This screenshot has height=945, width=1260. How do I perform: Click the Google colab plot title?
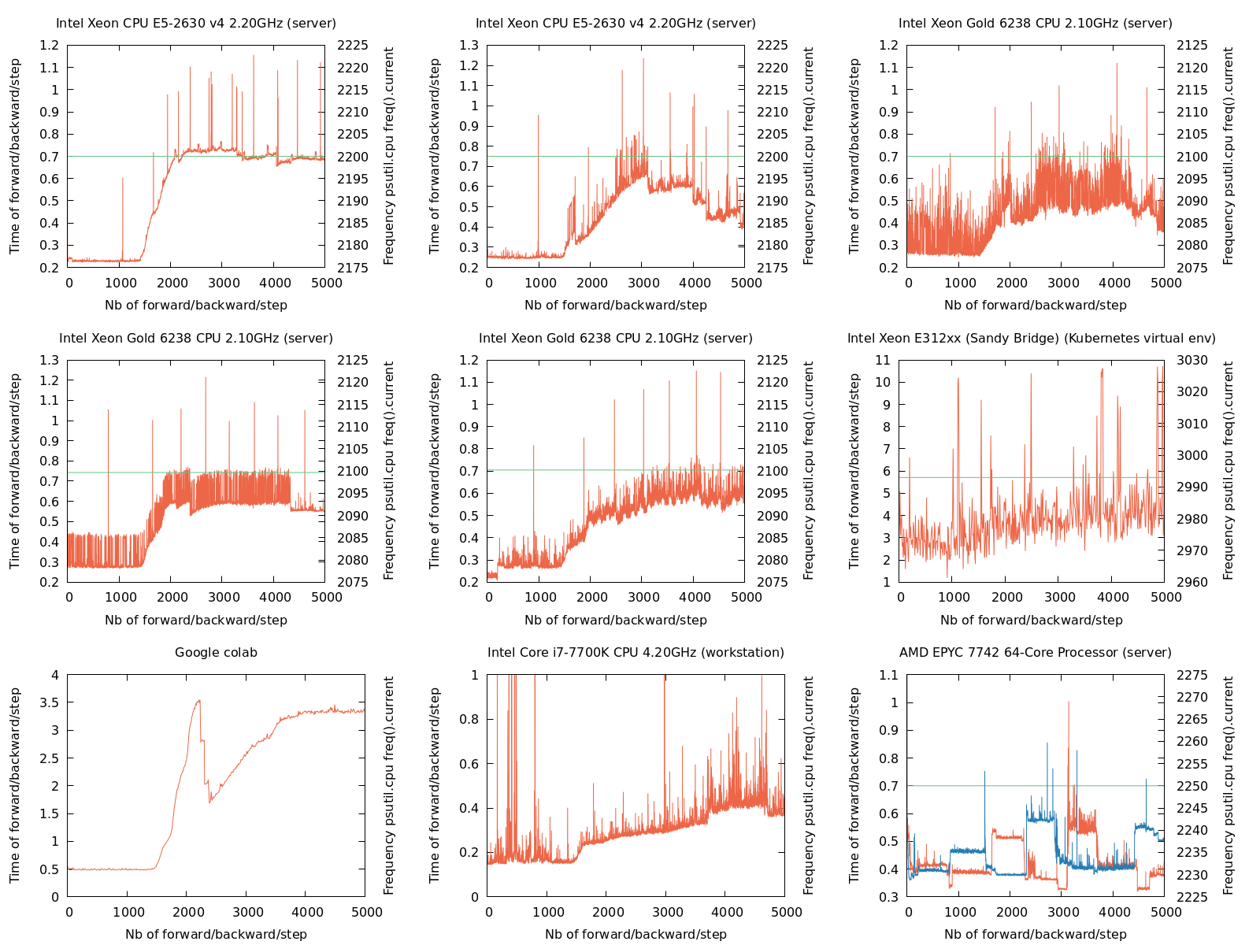tap(216, 653)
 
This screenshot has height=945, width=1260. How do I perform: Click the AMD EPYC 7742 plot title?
tap(1035, 653)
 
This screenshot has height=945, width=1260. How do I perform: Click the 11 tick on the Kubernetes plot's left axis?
tap(883, 361)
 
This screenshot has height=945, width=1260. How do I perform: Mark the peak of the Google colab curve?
tap(198, 700)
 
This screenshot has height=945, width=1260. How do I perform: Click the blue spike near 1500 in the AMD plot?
tap(984, 773)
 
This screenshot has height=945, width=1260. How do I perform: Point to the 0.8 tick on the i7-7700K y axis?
tap(469, 720)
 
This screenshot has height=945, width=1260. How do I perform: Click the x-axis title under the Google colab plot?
tap(216, 935)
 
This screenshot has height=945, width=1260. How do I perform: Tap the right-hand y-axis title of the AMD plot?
tap(1228, 785)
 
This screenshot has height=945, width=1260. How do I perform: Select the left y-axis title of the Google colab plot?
tap(15, 785)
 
